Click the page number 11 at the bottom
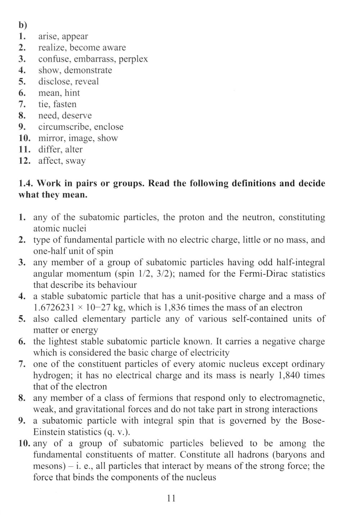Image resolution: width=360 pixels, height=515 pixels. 171,498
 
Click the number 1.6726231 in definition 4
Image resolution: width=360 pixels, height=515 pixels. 54,308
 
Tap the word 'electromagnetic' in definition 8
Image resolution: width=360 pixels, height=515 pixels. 291,398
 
